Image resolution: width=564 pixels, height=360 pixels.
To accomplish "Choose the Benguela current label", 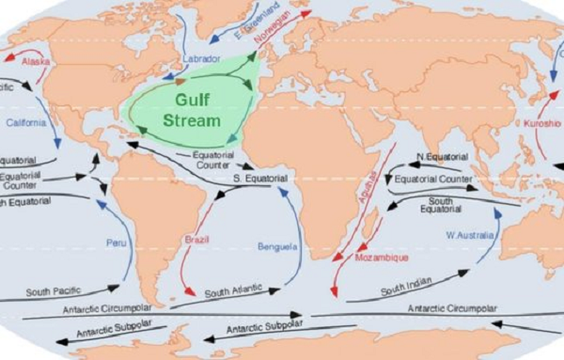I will (x=277, y=246).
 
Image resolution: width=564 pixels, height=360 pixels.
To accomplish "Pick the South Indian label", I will (x=406, y=282).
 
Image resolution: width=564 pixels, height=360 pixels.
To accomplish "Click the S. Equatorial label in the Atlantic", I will (x=259, y=178).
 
